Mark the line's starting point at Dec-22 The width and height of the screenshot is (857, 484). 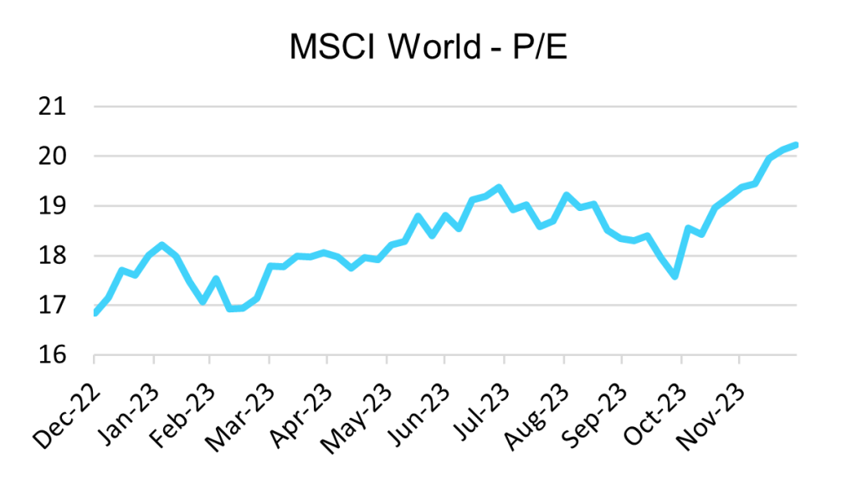coord(95,314)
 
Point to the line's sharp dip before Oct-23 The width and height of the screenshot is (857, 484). coord(675,275)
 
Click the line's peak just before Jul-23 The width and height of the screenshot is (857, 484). coord(498,188)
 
